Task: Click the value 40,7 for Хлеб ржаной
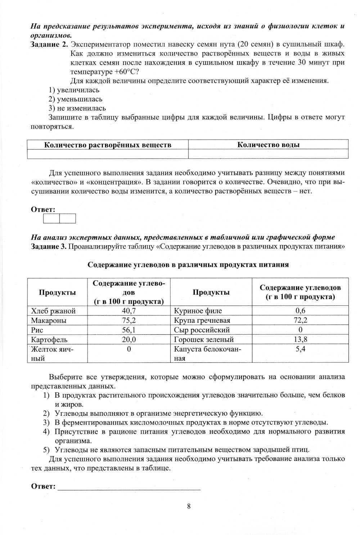(129, 311)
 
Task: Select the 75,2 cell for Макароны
(129, 320)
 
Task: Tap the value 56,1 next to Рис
(129, 330)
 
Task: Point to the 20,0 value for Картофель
(129, 339)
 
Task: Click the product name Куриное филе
(198, 311)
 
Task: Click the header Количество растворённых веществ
(108, 145)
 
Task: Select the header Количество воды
(268, 145)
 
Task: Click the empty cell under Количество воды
(268, 154)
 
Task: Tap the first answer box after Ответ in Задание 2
(51, 218)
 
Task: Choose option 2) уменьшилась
(76, 99)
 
